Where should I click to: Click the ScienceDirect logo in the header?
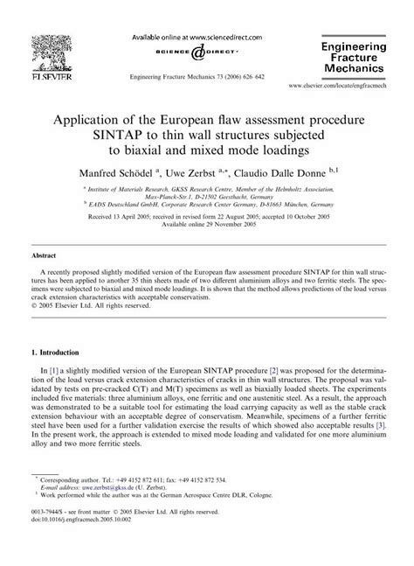[x=191, y=52]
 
